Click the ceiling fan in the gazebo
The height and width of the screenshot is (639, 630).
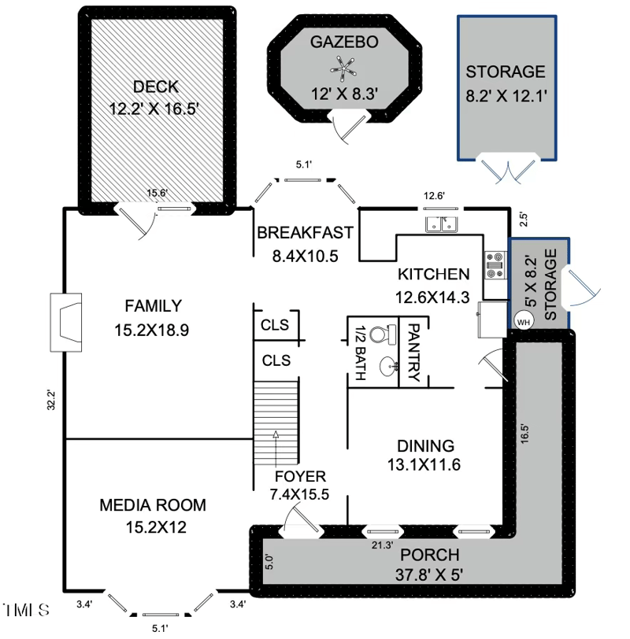(x=343, y=72)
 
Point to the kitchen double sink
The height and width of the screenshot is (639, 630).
(x=442, y=225)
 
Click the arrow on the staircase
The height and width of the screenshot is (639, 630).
(x=276, y=434)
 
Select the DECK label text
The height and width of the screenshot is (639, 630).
(x=156, y=87)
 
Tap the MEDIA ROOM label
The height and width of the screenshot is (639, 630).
(x=153, y=504)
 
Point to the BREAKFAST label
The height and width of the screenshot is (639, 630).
(x=304, y=233)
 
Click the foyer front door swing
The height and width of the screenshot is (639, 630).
(x=299, y=521)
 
